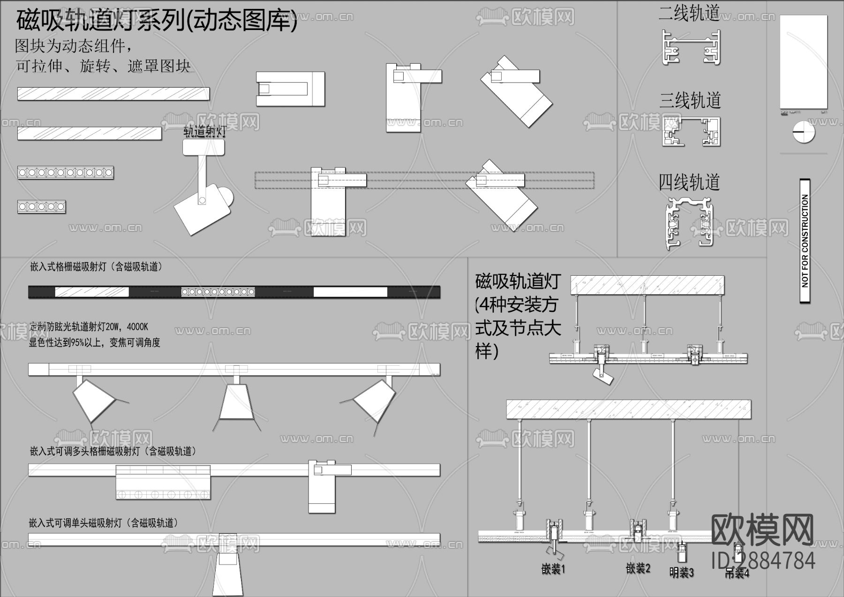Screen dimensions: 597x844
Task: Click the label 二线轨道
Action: tap(689, 13)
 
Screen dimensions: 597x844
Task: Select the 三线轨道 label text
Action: tap(690, 100)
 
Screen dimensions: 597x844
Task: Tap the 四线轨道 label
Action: tap(689, 182)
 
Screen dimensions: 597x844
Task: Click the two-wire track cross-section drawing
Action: tap(691, 48)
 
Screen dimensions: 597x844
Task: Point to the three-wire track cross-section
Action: tap(691, 132)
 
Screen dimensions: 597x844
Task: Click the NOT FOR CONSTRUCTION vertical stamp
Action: tap(805, 241)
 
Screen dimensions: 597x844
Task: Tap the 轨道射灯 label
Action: tap(204, 131)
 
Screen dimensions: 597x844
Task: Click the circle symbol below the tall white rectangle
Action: tap(804, 132)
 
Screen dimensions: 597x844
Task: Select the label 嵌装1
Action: tap(553, 569)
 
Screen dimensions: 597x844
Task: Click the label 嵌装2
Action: tap(638, 568)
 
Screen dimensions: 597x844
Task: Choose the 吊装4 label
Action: tap(737, 573)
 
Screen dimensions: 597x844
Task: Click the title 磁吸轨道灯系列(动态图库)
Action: tap(157, 21)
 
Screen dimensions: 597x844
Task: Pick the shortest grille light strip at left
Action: tap(41, 207)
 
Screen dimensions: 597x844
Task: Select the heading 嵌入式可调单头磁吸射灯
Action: tap(103, 523)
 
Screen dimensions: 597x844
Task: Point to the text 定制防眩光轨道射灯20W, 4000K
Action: tap(89, 327)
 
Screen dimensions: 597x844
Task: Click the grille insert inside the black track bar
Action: tap(218, 292)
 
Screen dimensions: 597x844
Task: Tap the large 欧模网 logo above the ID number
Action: tap(762, 530)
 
